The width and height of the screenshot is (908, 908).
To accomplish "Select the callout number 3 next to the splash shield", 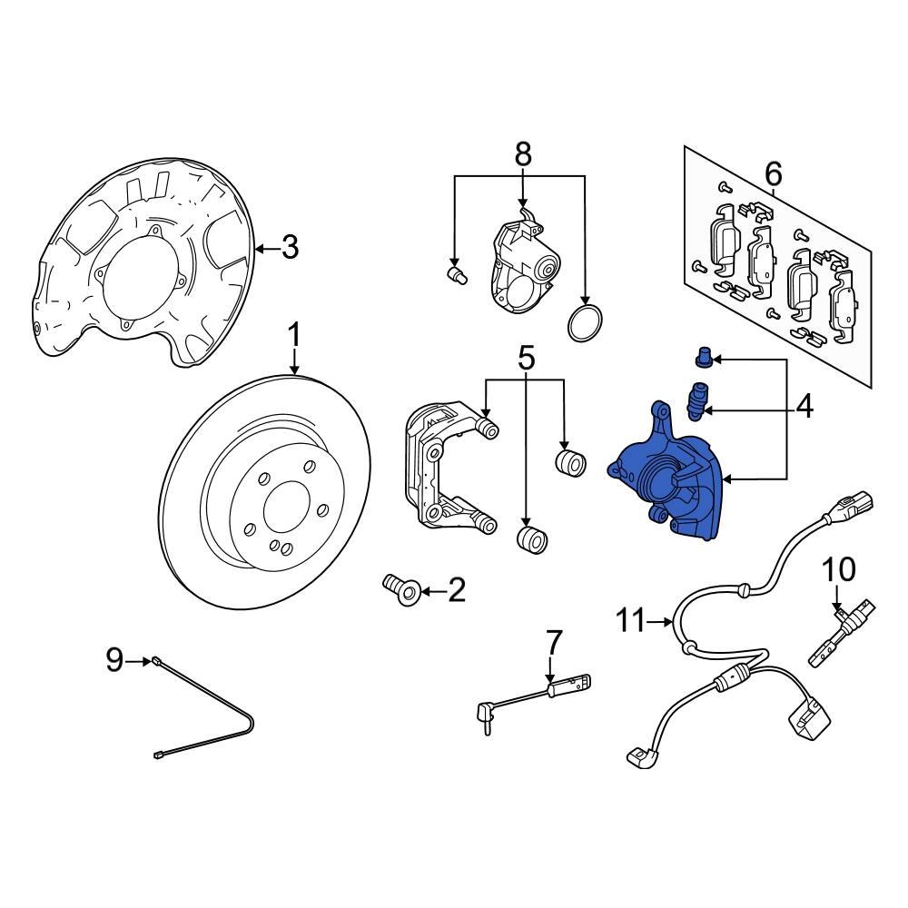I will click(x=289, y=247).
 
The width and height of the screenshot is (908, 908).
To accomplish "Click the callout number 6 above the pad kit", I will click(x=773, y=172).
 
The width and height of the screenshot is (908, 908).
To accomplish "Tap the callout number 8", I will click(x=522, y=154).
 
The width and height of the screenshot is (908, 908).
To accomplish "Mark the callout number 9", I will click(x=113, y=660).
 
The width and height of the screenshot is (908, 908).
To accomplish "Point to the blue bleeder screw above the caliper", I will click(x=696, y=401).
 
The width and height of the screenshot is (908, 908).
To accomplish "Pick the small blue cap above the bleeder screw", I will click(x=703, y=357).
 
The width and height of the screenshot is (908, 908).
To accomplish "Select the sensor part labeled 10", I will click(x=843, y=627).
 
